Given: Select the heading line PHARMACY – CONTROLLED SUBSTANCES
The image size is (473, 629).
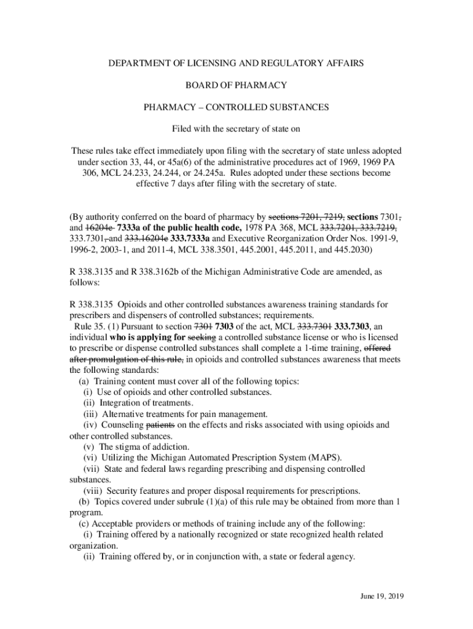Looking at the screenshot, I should pos(236,107).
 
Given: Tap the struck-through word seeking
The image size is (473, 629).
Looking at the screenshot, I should pos(201,337).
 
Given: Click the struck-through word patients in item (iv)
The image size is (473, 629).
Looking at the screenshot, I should pos(161,424).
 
